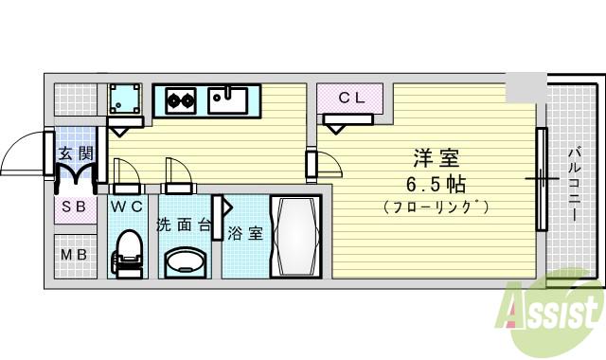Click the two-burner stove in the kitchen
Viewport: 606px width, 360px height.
point(181,98)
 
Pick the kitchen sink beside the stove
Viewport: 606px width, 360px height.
point(228,98)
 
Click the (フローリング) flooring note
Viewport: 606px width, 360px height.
point(436,206)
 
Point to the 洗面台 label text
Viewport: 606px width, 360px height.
point(184,225)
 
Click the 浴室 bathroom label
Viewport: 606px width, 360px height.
point(244,233)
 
